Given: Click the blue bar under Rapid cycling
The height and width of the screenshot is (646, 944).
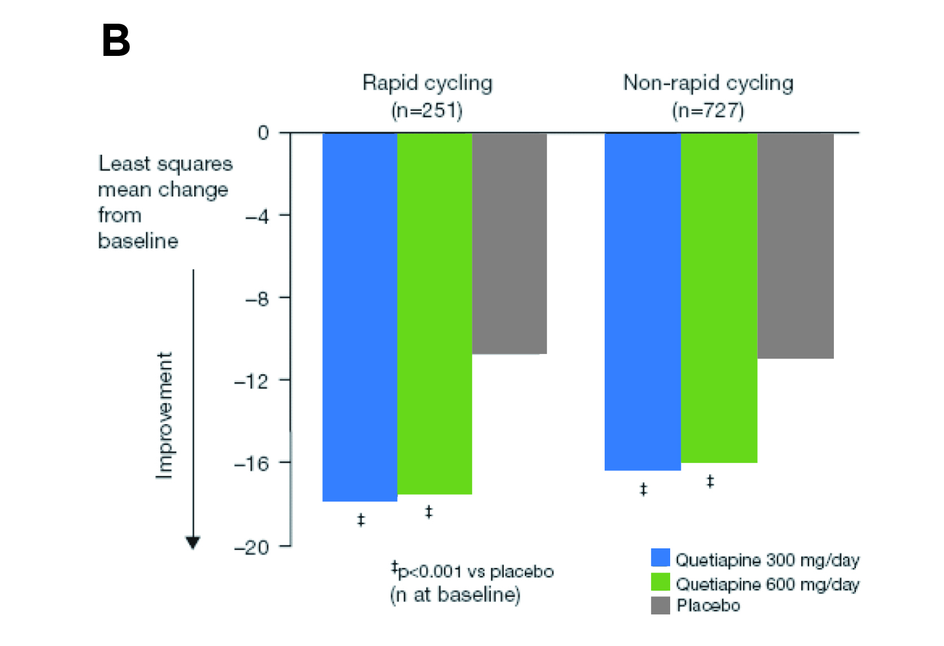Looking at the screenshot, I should click(360, 316).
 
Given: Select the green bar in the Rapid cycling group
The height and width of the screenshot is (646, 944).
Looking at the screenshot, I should click(434, 313).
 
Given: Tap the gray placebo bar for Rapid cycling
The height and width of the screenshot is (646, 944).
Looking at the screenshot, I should click(509, 243).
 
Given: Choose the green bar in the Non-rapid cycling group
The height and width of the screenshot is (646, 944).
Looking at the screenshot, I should click(719, 298).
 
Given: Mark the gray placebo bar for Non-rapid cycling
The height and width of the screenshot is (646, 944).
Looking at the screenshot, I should click(796, 246).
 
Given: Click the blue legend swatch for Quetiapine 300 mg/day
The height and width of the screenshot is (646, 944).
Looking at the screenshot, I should click(660, 558).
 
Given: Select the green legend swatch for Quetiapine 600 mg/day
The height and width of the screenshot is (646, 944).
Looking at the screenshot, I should click(660, 582).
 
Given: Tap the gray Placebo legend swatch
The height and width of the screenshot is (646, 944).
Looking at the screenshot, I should click(660, 605).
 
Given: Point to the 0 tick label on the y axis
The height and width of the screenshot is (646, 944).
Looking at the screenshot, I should click(263, 133).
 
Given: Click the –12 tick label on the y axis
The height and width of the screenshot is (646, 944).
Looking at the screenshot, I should click(252, 381).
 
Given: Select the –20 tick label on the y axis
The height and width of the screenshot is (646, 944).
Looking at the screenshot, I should click(252, 547).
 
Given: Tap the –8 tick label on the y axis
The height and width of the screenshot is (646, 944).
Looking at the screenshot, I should click(257, 298).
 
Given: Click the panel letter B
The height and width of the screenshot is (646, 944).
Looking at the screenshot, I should click(116, 41).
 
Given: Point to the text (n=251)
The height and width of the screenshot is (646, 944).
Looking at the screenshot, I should click(427, 110).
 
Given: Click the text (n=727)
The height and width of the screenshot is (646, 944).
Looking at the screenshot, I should click(708, 110).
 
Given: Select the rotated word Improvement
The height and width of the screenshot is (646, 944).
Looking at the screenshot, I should click(164, 416).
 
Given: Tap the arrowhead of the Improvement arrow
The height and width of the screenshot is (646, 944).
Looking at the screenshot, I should click(193, 543).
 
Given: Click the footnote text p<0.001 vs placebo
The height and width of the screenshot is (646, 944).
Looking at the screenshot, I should click(475, 571).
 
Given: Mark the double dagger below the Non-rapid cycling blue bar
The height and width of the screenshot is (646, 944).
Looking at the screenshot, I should click(644, 489).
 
